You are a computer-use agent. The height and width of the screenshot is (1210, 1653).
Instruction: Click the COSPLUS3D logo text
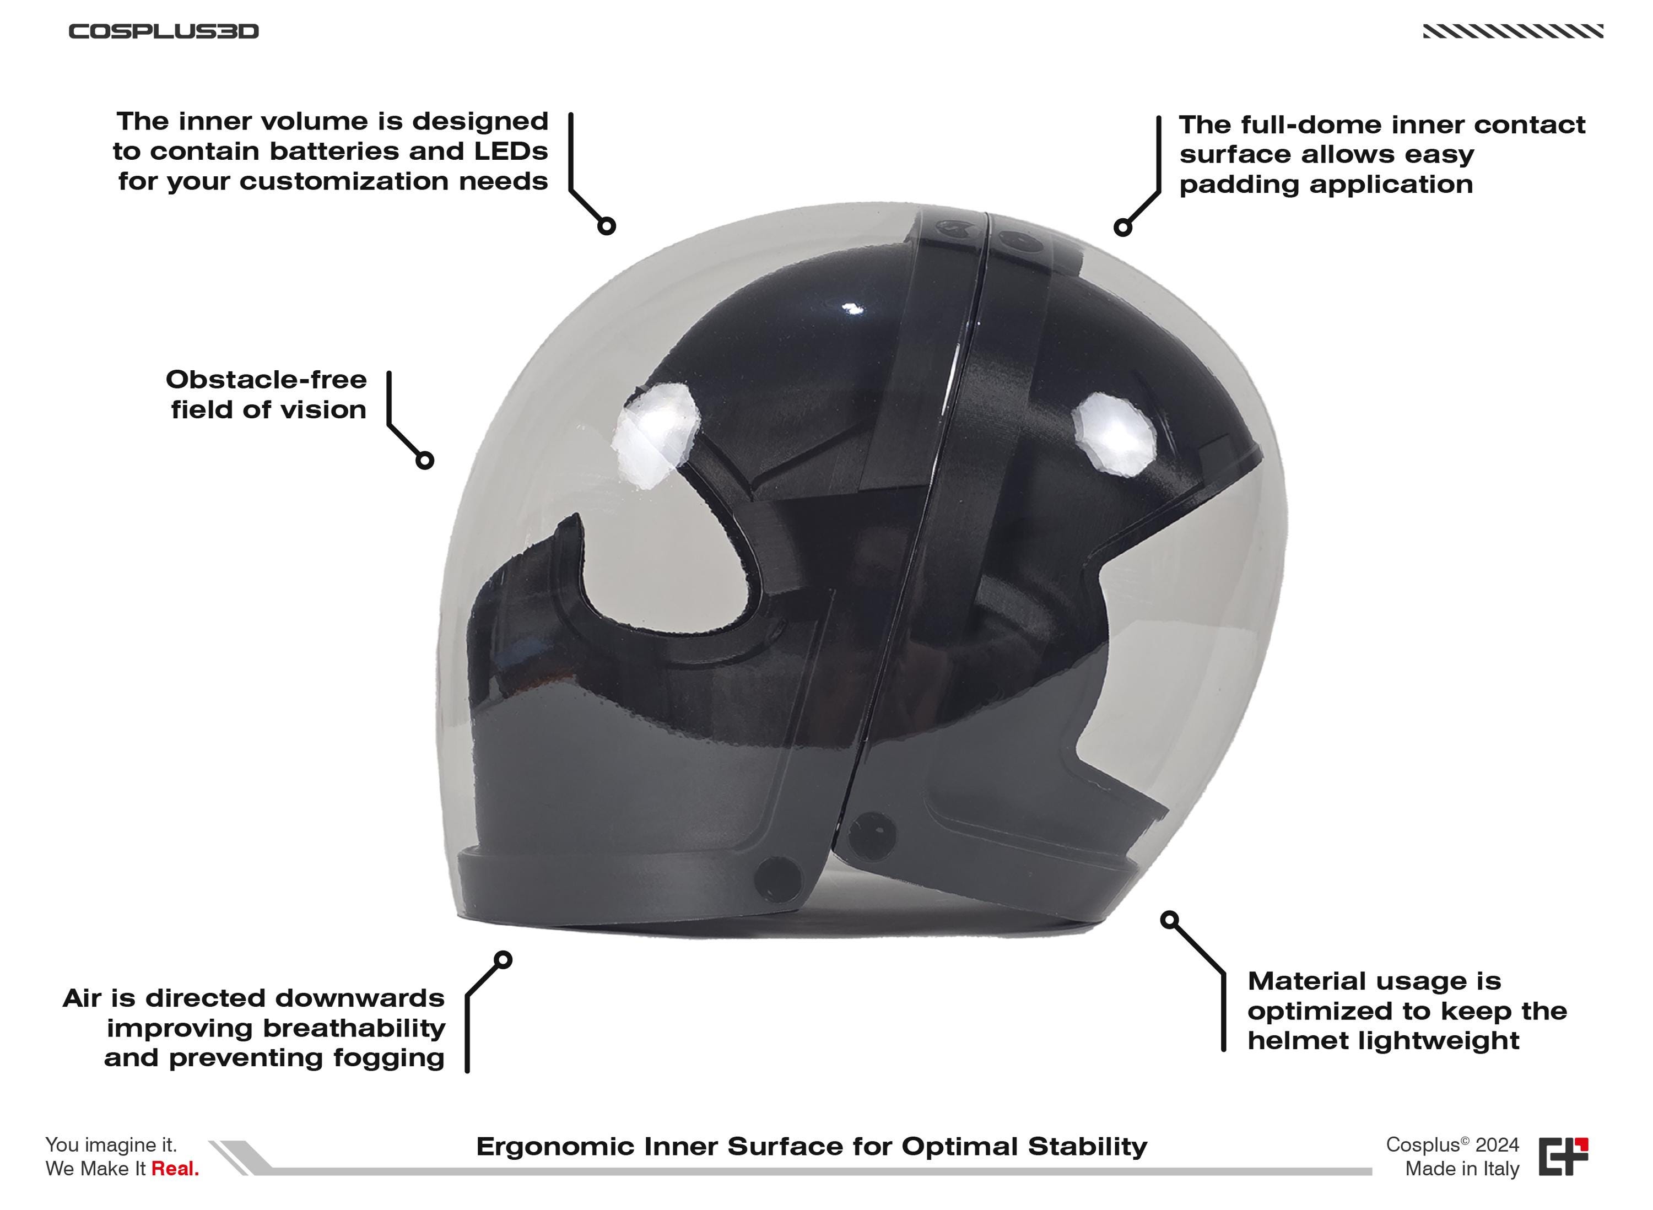pyautogui.click(x=163, y=31)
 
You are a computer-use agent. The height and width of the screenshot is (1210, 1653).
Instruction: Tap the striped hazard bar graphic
pyautogui.click(x=1513, y=31)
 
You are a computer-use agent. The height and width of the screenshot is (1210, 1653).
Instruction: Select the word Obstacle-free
pyautogui.click(x=266, y=380)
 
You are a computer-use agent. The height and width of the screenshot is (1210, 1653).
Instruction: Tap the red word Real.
pyautogui.click(x=175, y=1169)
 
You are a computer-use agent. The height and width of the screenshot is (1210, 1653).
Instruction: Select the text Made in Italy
pyautogui.click(x=1462, y=1169)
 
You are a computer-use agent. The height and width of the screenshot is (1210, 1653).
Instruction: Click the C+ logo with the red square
pyautogui.click(x=1563, y=1157)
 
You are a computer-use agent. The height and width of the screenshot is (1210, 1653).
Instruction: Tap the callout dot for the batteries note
pyautogui.click(x=607, y=225)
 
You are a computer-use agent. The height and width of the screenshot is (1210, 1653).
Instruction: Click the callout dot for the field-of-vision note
pyautogui.click(x=425, y=460)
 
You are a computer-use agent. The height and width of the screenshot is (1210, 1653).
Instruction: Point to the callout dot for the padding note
pyautogui.click(x=1123, y=227)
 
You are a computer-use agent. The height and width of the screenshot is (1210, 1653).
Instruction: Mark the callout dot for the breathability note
pyautogui.click(x=503, y=959)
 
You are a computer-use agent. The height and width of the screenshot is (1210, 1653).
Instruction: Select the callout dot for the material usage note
pyautogui.click(x=1170, y=919)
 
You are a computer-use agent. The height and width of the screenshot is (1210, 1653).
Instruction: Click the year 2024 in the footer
pyautogui.click(x=1498, y=1145)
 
